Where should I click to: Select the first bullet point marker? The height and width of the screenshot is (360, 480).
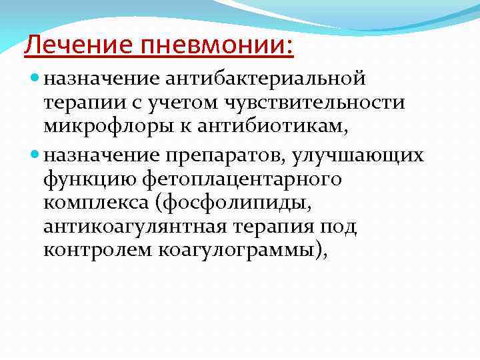tap(36, 80)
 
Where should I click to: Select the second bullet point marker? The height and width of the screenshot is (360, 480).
tap(36, 155)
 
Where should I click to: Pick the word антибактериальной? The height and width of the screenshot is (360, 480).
tap(266, 80)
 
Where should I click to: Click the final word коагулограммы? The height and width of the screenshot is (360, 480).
tap(241, 251)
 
